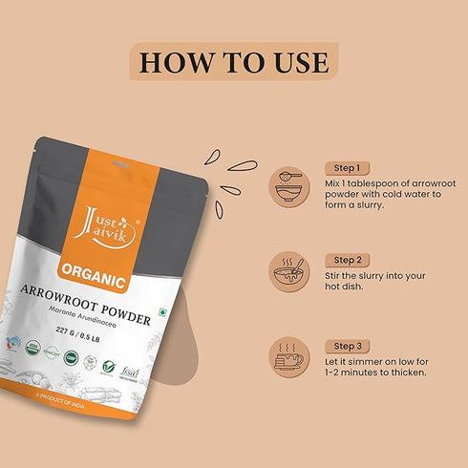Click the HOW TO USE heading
[x=234, y=62]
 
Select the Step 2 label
[x=346, y=260]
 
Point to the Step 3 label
[x=346, y=345]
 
